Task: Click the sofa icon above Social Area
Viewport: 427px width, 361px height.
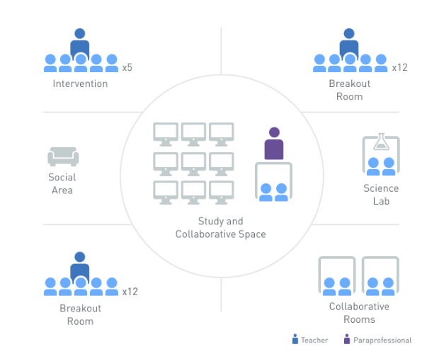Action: pos(63,156)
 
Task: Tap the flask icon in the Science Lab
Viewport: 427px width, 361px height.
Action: pos(382,142)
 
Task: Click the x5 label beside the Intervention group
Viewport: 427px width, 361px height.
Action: pos(127,68)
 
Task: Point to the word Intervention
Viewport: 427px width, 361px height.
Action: pos(80,84)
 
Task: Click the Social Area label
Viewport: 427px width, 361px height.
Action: pos(62,183)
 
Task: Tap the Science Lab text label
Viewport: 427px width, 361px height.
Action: pos(381,195)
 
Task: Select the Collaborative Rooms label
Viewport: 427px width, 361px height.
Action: pos(359,313)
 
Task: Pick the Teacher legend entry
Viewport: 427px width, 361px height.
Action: pos(310,340)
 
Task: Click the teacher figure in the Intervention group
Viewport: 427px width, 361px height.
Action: pos(80,45)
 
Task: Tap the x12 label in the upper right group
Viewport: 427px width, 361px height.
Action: pos(400,68)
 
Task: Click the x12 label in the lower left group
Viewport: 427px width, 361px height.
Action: pos(130,291)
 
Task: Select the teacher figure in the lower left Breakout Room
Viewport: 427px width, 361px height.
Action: pos(80,268)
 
